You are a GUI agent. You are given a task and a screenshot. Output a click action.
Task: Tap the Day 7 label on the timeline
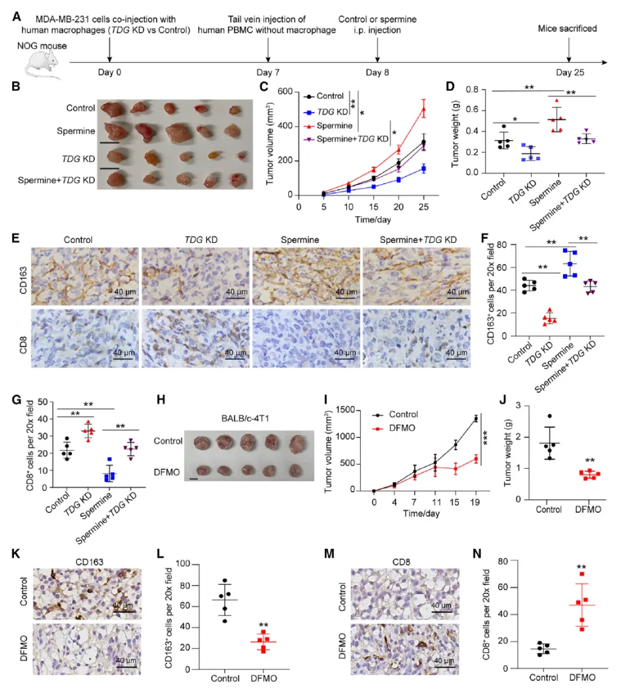[x=269, y=72]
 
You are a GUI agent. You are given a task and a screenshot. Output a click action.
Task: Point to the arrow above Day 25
[x=569, y=50]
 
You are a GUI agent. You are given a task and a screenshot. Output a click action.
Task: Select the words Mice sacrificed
[x=569, y=29]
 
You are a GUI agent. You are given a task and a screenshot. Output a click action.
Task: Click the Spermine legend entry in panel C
[x=335, y=126]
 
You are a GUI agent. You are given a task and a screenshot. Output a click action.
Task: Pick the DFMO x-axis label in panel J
[x=588, y=510]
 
